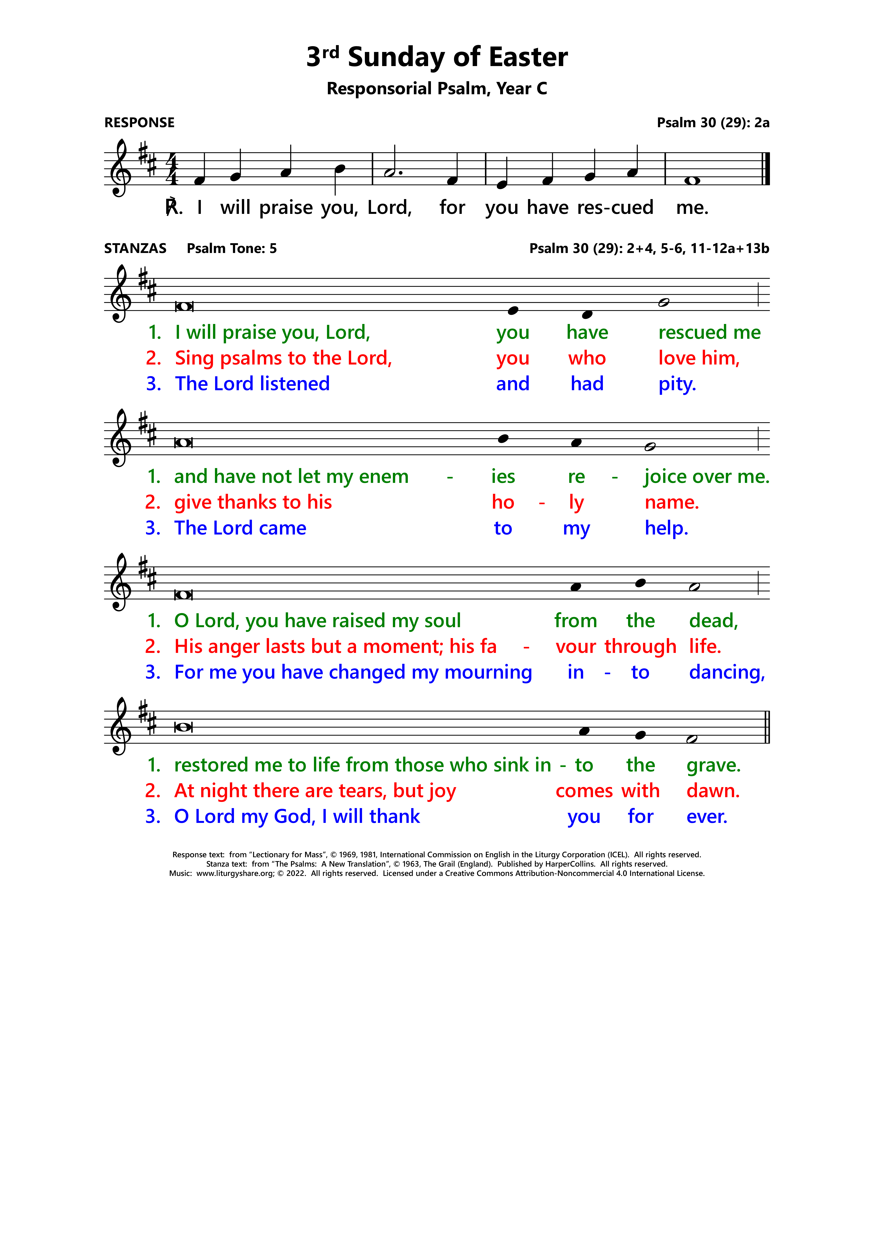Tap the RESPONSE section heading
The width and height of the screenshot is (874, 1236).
tap(140, 123)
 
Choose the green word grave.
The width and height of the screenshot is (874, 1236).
tap(714, 765)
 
